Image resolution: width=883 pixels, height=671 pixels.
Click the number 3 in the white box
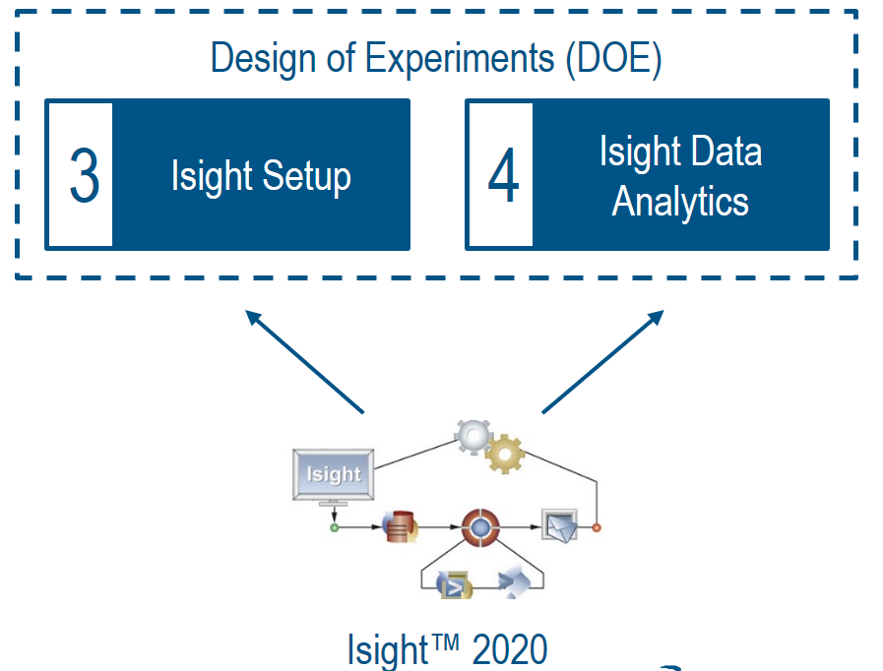click(84, 176)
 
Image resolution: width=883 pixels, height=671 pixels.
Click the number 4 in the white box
click(503, 177)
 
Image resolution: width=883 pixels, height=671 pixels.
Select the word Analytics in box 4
click(680, 203)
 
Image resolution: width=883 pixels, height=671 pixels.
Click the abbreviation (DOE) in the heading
click(613, 59)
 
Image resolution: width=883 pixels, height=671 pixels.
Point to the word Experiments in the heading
click(460, 60)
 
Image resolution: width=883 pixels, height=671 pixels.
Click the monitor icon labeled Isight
click(334, 475)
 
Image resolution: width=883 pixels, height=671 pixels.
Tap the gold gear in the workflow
click(505, 454)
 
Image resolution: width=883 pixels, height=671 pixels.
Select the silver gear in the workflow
click(473, 434)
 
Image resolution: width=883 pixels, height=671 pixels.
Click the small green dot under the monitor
click(334, 528)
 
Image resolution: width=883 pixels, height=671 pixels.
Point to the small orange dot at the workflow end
click(597, 528)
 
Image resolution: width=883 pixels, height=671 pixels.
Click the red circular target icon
click(480, 528)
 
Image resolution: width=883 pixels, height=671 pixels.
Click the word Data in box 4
click(729, 152)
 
